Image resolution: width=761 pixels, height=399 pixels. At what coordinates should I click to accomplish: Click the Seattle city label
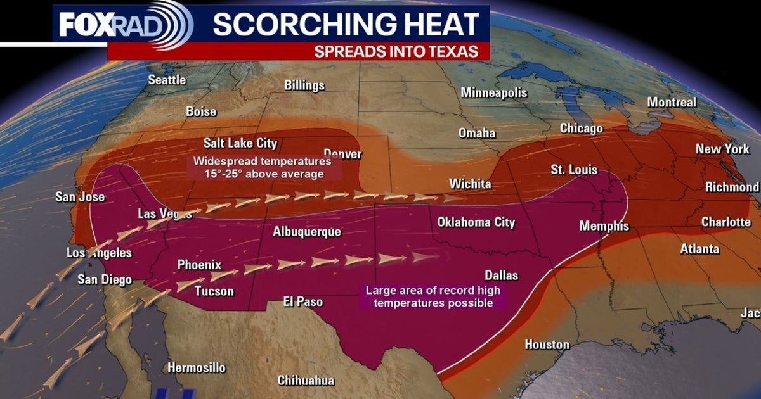(167, 80)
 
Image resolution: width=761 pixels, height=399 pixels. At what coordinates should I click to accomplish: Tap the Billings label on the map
(304, 85)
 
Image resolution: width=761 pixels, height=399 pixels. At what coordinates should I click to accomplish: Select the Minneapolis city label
(494, 92)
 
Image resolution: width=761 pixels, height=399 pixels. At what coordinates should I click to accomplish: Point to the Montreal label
(672, 102)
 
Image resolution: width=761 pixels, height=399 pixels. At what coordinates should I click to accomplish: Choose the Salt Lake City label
(240, 143)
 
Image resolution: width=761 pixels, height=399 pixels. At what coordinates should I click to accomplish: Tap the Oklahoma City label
(476, 222)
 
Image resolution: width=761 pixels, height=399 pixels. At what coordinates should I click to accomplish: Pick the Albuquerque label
(307, 232)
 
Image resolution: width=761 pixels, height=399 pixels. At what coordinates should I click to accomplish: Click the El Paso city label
(303, 302)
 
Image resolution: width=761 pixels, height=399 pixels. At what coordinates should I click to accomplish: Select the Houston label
(547, 345)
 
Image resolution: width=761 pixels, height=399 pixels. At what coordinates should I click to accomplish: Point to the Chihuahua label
(306, 381)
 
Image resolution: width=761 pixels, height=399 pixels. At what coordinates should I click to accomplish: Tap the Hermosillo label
(196, 367)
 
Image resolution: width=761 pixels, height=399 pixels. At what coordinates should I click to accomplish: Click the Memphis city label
(604, 226)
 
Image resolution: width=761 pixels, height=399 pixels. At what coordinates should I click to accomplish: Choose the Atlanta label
(699, 249)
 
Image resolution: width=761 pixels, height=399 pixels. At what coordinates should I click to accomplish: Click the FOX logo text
(85, 25)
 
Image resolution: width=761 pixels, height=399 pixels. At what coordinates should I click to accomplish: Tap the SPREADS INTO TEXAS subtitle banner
(396, 51)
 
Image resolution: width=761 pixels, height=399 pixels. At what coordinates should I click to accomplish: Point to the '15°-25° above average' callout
(258, 168)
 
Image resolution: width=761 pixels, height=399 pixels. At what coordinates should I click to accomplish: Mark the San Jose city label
(80, 197)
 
